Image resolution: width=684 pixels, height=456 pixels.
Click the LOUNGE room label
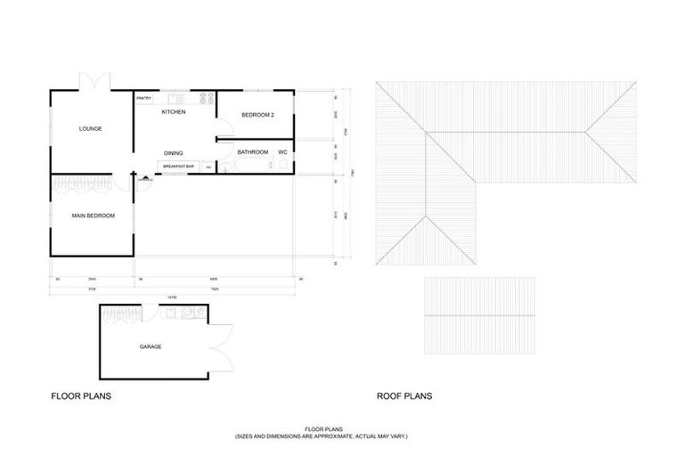[90, 128]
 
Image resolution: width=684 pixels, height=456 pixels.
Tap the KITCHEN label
[173, 112]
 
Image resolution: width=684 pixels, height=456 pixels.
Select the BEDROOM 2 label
[257, 115]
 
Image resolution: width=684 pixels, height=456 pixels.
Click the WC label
[282, 152]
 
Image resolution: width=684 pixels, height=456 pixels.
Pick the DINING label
[173, 153]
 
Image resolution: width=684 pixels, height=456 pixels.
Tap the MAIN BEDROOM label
[93, 216]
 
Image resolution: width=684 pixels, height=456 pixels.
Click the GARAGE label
[151, 346]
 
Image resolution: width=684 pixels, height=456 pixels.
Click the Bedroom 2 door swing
[222, 137]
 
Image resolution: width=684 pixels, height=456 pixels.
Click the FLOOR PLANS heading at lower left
[80, 394]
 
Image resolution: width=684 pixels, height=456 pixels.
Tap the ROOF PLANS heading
[404, 394]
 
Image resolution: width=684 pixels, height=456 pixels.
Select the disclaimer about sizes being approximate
[321, 436]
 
